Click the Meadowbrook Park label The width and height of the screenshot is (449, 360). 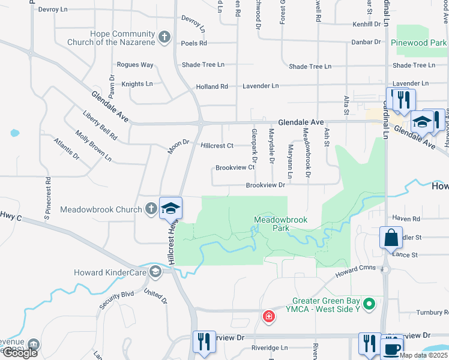280,224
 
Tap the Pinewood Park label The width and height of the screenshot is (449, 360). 418,43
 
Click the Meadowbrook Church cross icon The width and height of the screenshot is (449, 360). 151,209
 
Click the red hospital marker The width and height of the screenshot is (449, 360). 268,316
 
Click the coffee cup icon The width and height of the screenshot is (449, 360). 392,348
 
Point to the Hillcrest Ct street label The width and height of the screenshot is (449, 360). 217,146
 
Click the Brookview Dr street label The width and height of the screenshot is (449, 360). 265,185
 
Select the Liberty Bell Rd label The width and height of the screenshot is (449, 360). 100,125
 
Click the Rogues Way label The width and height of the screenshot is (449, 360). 135,65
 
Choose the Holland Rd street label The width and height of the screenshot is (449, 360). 212,87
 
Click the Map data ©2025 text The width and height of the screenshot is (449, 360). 423,355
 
